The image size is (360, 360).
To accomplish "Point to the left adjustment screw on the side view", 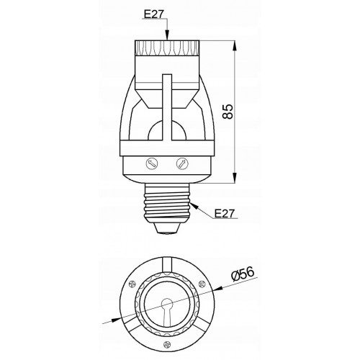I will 153,163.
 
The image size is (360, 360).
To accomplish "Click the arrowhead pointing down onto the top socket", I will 167,36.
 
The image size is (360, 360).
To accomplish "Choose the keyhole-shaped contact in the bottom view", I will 166,308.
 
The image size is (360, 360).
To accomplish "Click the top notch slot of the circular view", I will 166,266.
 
